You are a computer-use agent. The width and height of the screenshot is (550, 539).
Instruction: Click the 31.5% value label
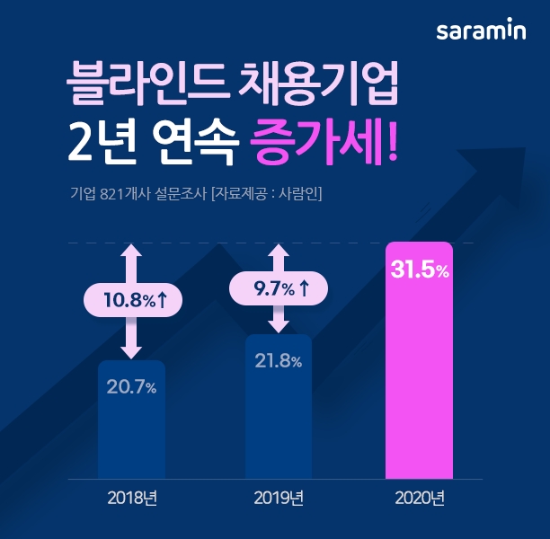[419, 270]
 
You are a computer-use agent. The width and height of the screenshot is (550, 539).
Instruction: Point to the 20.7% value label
[132, 388]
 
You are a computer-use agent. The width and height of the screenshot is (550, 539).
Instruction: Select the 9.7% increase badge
[279, 288]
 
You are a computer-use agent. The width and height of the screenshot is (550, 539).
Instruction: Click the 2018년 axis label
[132, 497]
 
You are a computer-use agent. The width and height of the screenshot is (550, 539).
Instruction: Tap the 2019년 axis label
[279, 497]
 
